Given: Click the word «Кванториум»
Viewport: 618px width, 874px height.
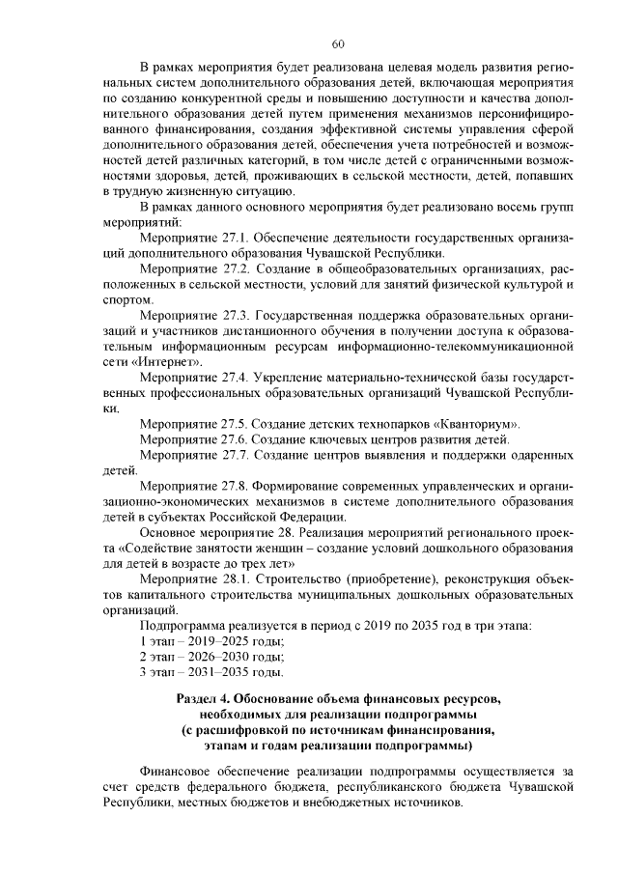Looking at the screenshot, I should click(478, 424).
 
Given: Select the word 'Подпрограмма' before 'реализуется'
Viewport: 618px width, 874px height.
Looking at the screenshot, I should click(183, 624).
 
